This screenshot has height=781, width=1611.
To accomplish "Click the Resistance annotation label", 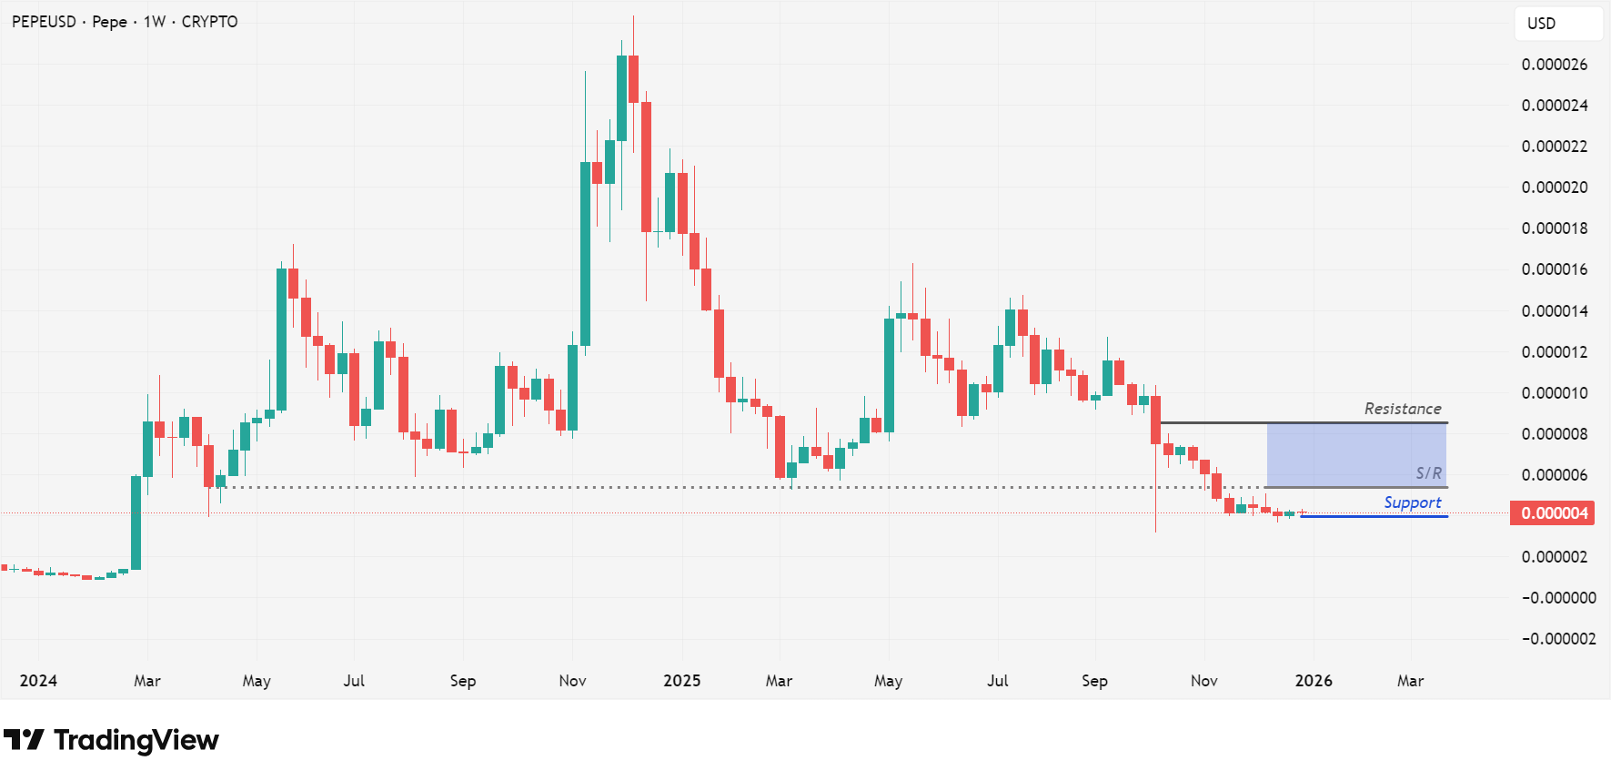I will [1402, 409].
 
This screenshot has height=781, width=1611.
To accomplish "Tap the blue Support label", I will [1412, 502].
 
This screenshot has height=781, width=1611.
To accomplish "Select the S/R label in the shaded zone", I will [1428, 473].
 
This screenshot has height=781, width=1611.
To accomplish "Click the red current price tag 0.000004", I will [1555, 513].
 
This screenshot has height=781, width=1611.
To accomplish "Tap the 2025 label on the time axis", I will [681, 681].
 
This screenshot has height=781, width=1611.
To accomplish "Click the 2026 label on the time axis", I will [1313, 681].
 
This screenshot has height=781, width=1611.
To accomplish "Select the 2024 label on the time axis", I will [38, 681].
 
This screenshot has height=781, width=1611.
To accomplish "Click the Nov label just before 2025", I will [572, 681].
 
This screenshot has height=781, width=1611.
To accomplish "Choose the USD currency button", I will [1541, 24].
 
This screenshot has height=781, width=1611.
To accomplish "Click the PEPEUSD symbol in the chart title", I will [44, 22].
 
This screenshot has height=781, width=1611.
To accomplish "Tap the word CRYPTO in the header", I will [209, 22].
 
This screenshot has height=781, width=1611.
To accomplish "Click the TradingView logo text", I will [136, 740].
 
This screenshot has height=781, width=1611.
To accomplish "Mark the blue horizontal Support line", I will [1374, 517].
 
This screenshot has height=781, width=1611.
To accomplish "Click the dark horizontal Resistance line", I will [1301, 423].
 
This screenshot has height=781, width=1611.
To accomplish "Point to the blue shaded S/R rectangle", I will [1355, 455].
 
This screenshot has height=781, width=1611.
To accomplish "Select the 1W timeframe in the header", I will [155, 22].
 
